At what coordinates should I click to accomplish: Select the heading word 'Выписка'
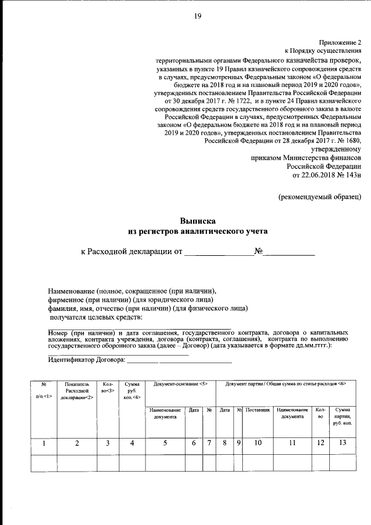(x=198, y=220)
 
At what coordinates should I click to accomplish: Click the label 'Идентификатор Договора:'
(x=86, y=360)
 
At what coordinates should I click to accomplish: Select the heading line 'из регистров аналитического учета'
(x=198, y=231)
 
